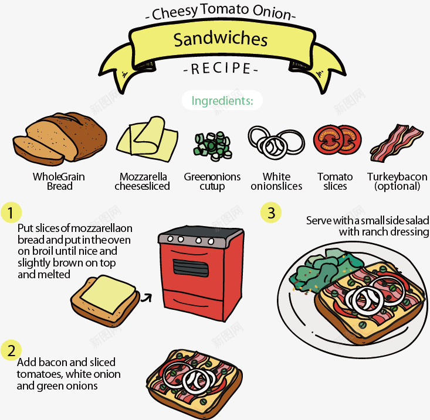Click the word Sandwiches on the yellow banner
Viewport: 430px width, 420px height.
tap(221, 39)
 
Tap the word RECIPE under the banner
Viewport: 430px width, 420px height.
tap(221, 69)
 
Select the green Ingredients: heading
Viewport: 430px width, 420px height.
tap(222, 101)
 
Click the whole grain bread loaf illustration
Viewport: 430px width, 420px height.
tap(60, 139)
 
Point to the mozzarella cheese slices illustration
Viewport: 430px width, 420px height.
tap(147, 139)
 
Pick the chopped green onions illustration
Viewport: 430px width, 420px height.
tap(213, 146)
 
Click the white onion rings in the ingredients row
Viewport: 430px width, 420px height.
tap(276, 143)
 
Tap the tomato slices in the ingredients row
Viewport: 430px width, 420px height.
tap(337, 139)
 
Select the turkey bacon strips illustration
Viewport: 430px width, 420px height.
tap(397, 143)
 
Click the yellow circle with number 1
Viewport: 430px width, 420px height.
tap(11, 213)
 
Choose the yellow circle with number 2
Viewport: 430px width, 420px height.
tap(11, 350)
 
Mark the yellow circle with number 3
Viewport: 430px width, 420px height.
tap(271, 213)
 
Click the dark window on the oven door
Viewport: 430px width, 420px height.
tap(191, 268)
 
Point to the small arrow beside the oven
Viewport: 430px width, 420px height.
tap(147, 298)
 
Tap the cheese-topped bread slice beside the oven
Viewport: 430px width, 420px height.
tap(106, 301)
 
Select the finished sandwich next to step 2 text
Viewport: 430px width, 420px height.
tap(194, 382)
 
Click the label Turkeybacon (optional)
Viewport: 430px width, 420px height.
tap(397, 181)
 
